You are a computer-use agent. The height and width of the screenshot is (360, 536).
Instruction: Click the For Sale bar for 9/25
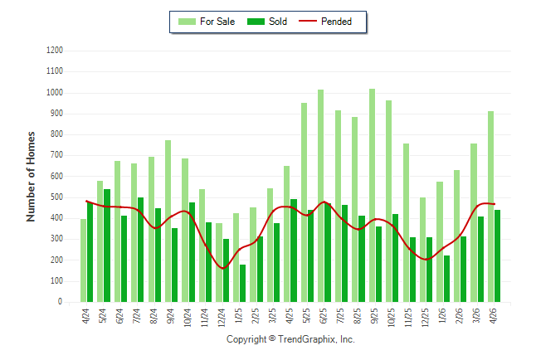pos(372,196)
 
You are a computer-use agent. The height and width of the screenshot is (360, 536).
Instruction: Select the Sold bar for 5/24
pos(107,246)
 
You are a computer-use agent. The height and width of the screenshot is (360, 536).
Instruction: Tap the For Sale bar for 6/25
pos(320,196)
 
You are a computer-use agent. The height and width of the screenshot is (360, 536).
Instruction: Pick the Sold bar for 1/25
pos(243,284)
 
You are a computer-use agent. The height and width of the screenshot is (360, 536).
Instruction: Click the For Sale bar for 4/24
pos(84,260)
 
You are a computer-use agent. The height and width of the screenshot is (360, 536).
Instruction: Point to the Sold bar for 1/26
pos(446,279)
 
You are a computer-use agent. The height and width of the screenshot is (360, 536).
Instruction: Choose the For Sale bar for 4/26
pos(491,207)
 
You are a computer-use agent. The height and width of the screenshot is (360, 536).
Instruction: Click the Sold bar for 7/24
pos(140,250)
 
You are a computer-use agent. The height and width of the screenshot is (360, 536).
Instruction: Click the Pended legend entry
pos(325,22)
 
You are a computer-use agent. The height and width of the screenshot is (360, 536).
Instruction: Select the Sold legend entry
pos(267,22)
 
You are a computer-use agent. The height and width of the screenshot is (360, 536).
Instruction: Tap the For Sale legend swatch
pos(187,22)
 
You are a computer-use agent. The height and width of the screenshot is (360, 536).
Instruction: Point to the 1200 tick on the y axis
pos(55,51)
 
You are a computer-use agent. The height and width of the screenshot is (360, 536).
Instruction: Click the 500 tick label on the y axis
pos(56,197)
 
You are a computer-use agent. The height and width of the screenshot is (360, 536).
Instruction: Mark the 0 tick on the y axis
pos(61,302)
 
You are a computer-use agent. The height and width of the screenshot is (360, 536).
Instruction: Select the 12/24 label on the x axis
pos(222,318)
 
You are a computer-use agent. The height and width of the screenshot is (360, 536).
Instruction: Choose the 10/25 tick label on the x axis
pos(392,318)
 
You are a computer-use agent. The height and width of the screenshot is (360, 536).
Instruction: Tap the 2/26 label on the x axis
pos(459,316)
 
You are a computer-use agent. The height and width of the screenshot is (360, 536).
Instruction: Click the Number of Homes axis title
pos(31,177)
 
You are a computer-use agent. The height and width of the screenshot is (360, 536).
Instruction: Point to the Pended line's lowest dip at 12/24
pos(223,269)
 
